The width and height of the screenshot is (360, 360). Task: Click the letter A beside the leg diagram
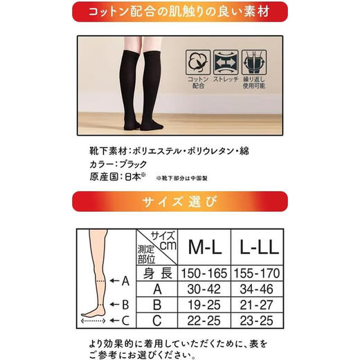click(125, 281)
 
